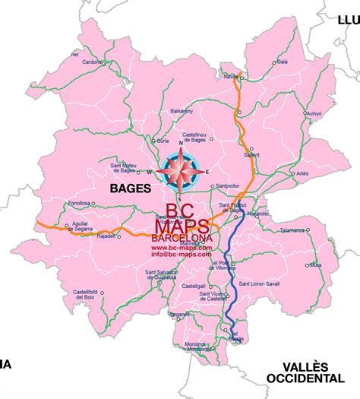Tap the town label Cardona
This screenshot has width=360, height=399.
click(92, 62)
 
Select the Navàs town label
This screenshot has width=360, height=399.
click(230, 76)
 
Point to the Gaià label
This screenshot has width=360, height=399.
click(282, 62)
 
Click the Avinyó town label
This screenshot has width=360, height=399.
click(314, 113)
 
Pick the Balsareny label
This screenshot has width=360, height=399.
click(182, 111)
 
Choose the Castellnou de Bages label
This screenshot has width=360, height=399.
click(189, 137)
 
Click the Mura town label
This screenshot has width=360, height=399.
click(316, 265)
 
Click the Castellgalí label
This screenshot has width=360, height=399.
click(194, 286)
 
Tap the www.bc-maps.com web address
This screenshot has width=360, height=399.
click(182, 248)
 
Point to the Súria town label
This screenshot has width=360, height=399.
click(162, 141)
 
